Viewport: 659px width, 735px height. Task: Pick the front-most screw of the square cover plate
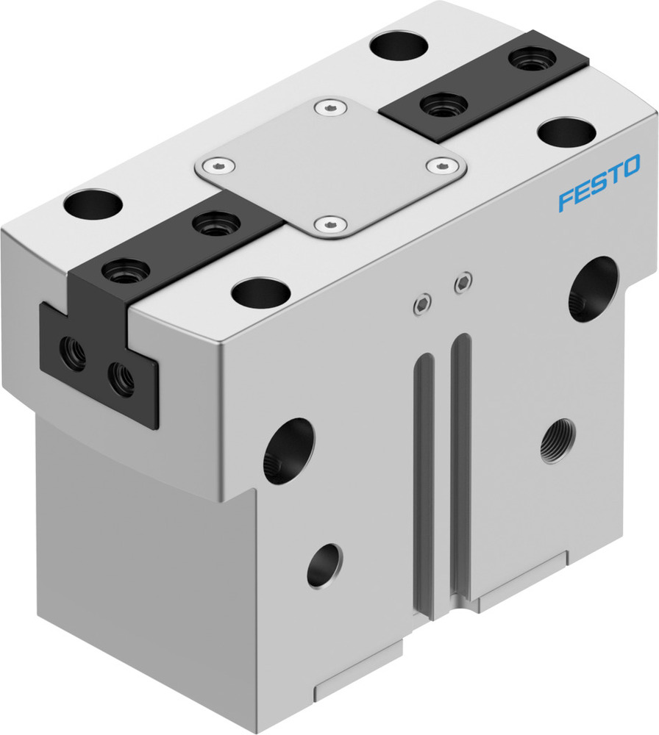(328, 224)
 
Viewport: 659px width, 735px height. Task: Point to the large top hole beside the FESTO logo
(566, 132)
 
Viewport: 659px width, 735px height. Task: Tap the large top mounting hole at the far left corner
(93, 204)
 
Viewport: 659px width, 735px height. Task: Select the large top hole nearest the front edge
(260, 292)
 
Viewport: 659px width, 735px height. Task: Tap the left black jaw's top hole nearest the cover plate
(215, 223)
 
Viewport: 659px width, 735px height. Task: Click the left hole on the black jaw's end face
(74, 353)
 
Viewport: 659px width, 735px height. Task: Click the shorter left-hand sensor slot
(424, 478)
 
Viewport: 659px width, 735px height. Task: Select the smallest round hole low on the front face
(324, 565)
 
